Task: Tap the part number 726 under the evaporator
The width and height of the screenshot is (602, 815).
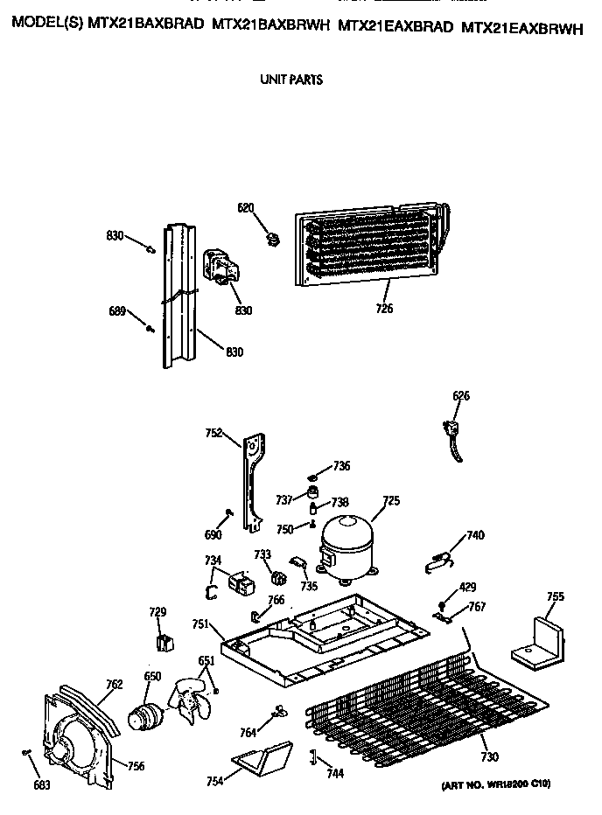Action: coord(385,308)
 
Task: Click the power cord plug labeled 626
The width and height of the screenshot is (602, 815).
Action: coord(456,435)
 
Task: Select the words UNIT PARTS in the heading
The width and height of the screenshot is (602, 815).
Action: coord(291,80)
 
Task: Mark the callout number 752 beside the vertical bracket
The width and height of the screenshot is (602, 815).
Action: coord(214,431)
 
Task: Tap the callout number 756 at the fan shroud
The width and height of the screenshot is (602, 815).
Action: coord(136,767)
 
